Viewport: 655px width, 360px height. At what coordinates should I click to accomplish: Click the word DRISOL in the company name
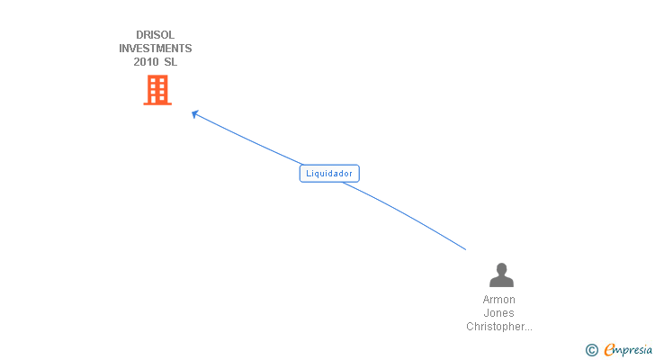pyautogui.click(x=156, y=35)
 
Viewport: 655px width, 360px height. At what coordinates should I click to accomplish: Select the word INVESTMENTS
pyautogui.click(x=156, y=49)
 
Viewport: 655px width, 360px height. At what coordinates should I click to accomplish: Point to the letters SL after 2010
pyautogui.click(x=170, y=62)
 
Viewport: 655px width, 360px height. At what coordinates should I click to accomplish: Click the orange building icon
pyautogui.click(x=157, y=90)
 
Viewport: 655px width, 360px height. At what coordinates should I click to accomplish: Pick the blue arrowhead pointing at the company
pyautogui.click(x=195, y=113)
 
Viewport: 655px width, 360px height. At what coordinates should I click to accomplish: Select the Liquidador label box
pyautogui.click(x=329, y=174)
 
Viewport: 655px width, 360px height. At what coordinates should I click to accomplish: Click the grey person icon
pyautogui.click(x=500, y=275)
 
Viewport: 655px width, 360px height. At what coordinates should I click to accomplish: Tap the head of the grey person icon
pyautogui.click(x=500, y=269)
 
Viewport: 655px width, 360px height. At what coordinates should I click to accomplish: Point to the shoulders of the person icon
pyautogui.click(x=500, y=282)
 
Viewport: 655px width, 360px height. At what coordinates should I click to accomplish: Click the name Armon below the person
pyautogui.click(x=499, y=300)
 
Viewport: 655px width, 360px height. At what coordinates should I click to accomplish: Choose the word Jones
pyautogui.click(x=499, y=313)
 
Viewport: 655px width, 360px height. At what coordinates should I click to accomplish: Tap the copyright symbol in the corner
pyautogui.click(x=591, y=350)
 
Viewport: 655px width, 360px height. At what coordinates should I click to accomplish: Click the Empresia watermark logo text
pyautogui.click(x=628, y=350)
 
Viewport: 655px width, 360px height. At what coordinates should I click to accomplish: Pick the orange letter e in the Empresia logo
pyautogui.click(x=609, y=350)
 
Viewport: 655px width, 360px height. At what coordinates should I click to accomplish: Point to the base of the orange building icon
pyautogui.click(x=157, y=103)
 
